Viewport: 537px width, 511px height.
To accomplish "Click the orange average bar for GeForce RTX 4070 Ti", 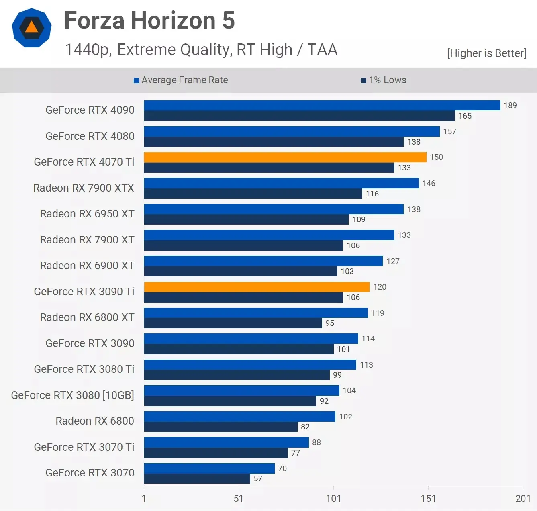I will (285, 157).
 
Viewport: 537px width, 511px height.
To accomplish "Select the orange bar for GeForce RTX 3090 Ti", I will (257, 287).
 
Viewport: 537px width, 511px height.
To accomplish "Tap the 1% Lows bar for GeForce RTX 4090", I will (299, 116).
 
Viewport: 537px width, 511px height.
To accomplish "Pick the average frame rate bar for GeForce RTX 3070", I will (209, 468).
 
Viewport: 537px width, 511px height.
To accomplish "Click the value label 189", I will (510, 105).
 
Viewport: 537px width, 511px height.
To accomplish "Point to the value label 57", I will (258, 478).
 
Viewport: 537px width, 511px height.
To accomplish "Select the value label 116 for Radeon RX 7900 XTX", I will (372, 194).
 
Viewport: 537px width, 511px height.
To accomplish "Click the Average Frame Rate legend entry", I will (181, 80).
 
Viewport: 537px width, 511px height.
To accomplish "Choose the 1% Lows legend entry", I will (384, 80).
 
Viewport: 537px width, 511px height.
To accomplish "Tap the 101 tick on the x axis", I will (333, 499).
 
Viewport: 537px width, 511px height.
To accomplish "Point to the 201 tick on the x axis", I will (523, 499).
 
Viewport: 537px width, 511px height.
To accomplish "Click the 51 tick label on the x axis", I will (239, 499).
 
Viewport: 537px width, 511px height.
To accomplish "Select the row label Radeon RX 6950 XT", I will (87, 214).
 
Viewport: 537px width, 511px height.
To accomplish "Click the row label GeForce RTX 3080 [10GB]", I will (72, 395).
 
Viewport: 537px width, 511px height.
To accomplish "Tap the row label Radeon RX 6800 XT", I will (87, 317).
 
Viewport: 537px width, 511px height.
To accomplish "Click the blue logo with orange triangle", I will (32, 28).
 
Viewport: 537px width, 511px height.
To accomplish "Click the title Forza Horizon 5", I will (149, 20).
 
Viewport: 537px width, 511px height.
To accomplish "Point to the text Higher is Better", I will (486, 53).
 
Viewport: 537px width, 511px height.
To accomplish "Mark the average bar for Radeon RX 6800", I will (239, 417).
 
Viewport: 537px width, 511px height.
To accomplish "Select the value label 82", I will (305, 427).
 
